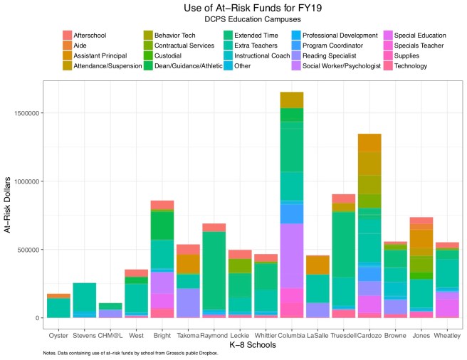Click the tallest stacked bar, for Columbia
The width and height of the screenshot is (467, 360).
(292, 213)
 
